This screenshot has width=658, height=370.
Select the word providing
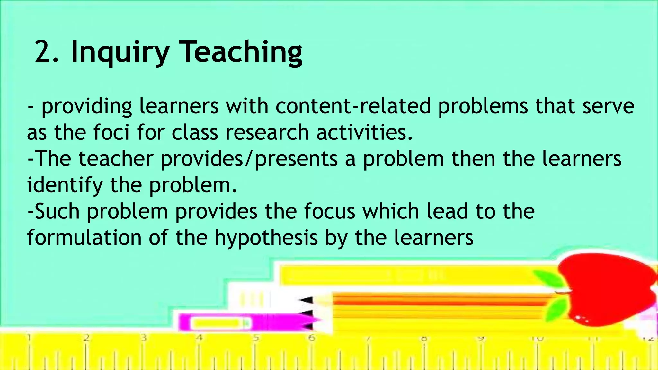(x=86, y=107)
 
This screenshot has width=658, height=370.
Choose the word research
(x=267, y=132)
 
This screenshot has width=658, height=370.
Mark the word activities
(x=364, y=132)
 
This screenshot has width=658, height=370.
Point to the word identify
(x=65, y=186)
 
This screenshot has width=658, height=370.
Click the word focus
(x=329, y=211)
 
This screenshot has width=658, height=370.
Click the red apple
(x=607, y=289)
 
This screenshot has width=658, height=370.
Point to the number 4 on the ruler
(x=200, y=338)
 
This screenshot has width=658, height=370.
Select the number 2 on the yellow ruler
(x=86, y=338)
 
